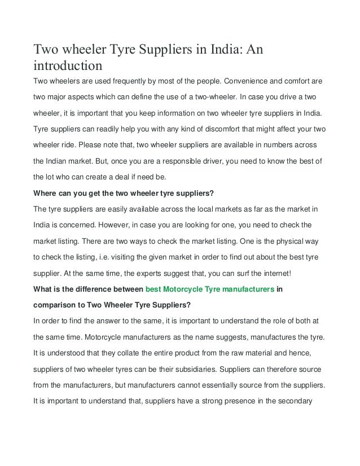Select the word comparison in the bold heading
pyautogui.click(x=56, y=305)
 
